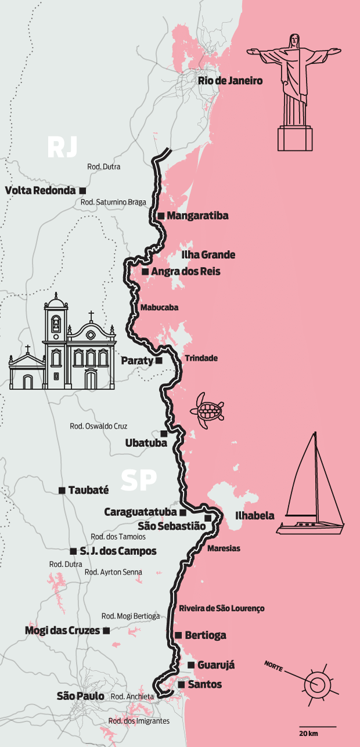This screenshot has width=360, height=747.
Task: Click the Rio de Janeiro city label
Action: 230,81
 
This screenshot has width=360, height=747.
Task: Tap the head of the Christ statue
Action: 295,41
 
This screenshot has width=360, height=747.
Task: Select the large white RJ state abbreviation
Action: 62,147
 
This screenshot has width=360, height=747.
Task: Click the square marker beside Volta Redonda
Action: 83,190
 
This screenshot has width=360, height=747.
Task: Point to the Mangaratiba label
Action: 197,216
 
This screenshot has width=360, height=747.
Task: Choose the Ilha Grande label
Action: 208,255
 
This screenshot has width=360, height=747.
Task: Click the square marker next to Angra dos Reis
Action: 145,271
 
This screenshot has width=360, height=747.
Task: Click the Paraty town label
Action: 136,360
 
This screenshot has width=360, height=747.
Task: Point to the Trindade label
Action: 201,358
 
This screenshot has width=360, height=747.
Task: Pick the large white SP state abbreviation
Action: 139,480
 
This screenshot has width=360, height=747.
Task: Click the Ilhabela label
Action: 254,515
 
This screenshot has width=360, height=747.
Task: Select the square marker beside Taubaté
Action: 62,490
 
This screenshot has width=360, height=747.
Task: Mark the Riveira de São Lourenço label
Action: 221,608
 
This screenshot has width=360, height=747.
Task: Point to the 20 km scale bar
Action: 318,727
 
